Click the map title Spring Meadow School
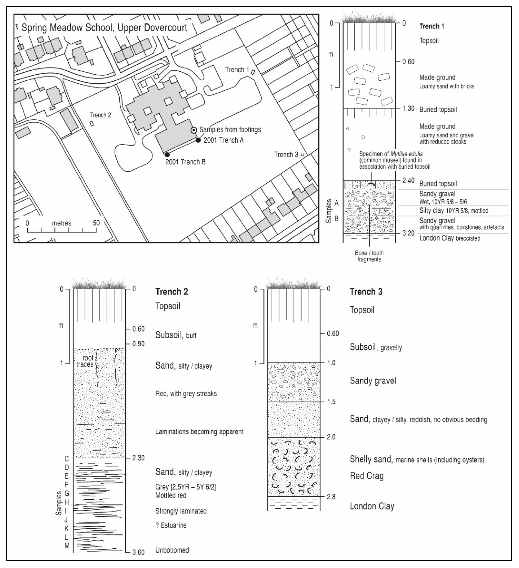coord(104,28)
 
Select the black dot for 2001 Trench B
coord(167,154)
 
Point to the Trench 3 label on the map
coord(286,154)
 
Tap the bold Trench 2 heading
coord(171,292)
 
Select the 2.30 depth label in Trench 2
coord(138,458)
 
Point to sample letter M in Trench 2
coord(67,546)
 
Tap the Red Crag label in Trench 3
coord(367,476)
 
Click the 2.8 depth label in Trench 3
coord(331,497)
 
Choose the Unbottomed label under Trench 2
coord(172,550)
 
